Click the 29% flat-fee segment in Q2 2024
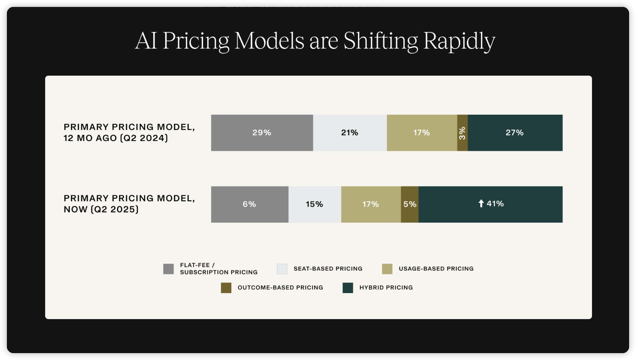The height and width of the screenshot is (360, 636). [262, 133]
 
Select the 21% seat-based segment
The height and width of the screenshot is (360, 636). [350, 133]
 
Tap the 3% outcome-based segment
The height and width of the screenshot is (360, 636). [462, 133]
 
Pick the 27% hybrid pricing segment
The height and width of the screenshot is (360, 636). [515, 133]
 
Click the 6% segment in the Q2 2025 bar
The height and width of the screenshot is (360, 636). [250, 204]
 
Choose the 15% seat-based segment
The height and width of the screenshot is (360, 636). [315, 204]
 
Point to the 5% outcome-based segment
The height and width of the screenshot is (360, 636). [410, 204]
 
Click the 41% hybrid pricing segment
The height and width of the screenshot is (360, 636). [491, 204]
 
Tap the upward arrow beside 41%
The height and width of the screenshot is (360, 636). [481, 203]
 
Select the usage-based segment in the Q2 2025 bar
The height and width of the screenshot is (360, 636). [371, 204]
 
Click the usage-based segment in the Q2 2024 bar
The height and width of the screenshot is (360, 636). [422, 133]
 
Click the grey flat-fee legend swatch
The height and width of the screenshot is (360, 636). [168, 269]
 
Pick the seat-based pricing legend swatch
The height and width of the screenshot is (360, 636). [282, 269]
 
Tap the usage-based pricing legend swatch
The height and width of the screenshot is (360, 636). [387, 269]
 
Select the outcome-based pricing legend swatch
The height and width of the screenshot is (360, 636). [226, 288]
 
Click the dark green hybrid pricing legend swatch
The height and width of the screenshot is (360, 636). [348, 288]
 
